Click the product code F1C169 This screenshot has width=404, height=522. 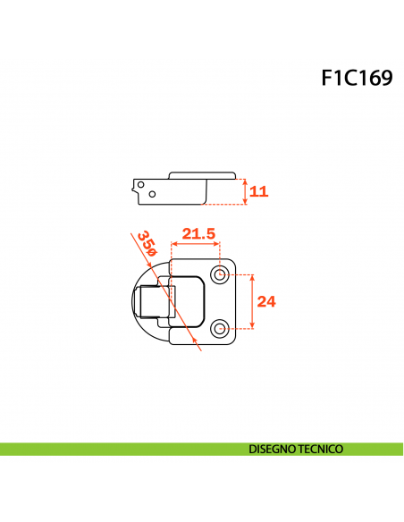click(357, 78)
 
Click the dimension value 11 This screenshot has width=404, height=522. click(259, 191)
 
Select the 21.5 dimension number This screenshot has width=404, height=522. click(198, 234)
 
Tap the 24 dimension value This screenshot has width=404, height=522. click(266, 301)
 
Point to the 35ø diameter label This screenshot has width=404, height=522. click(147, 243)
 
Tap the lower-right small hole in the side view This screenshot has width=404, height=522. click(153, 194)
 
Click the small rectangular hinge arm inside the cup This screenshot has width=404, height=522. click(151, 301)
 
